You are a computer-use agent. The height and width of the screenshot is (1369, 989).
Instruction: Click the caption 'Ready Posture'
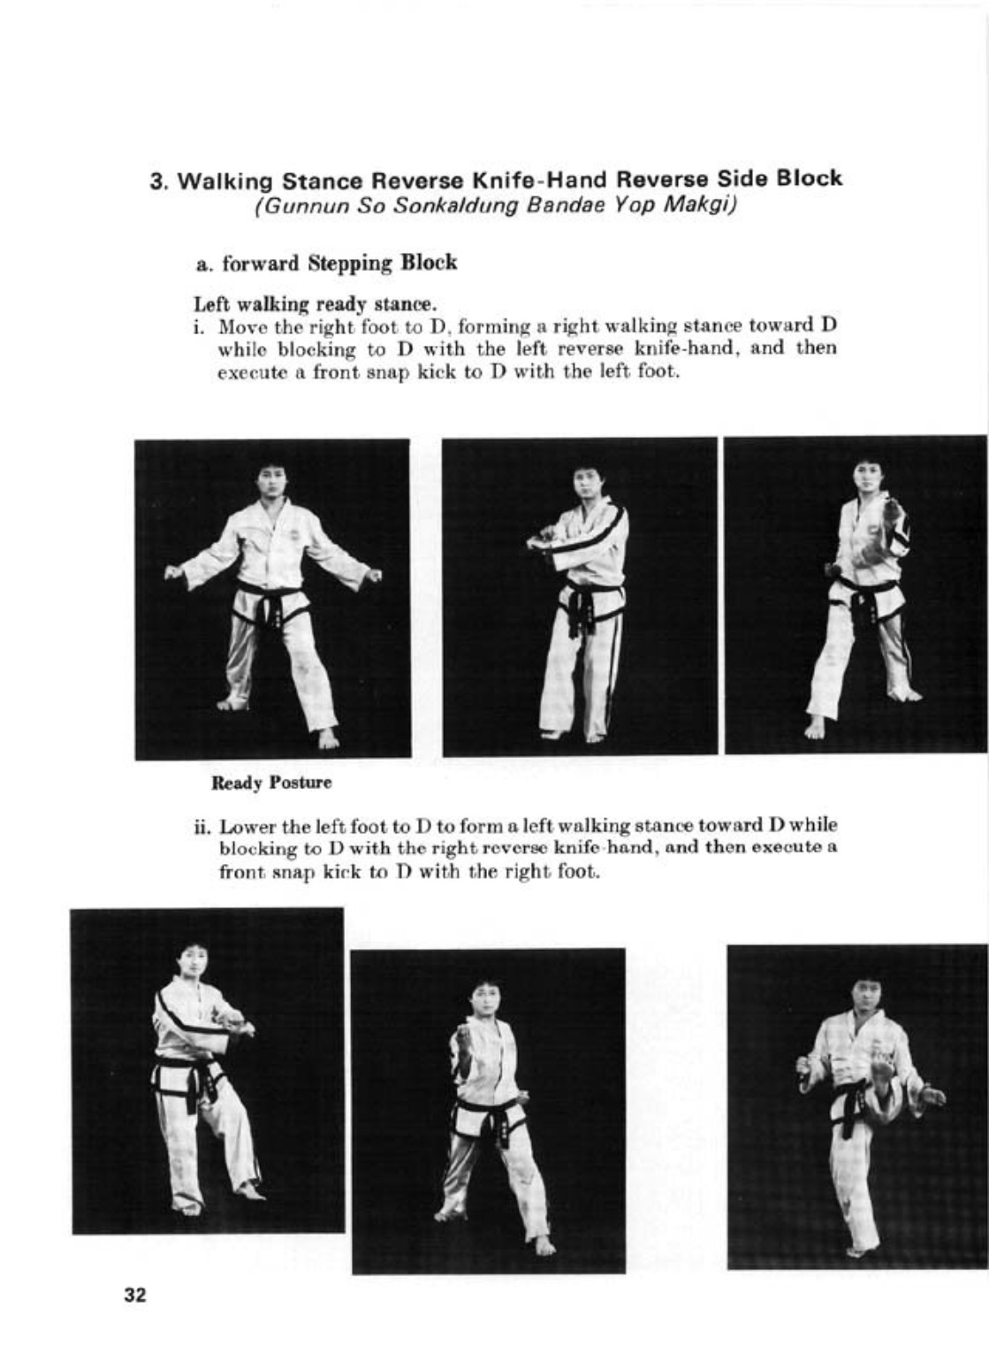(271, 783)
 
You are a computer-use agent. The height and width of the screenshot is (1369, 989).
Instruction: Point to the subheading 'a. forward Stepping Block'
(326, 264)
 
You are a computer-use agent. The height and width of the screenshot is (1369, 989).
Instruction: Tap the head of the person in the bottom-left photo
(191, 962)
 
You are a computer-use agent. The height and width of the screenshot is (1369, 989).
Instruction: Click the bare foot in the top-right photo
(814, 727)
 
